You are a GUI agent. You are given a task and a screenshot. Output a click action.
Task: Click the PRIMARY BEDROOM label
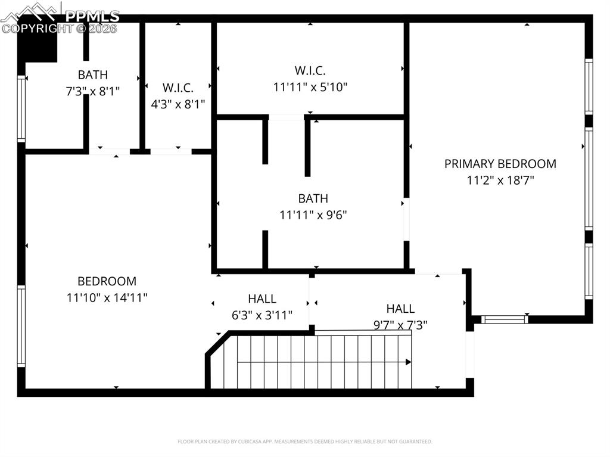pyautogui.click(x=500, y=164)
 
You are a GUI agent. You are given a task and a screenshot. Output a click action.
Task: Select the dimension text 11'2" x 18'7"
pyautogui.click(x=500, y=180)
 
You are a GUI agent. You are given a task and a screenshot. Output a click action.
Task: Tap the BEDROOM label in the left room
pyautogui.click(x=107, y=281)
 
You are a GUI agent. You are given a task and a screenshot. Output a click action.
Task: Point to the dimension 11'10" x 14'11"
pyautogui.click(x=107, y=297)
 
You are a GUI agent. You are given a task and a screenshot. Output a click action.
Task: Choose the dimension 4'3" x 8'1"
pyautogui.click(x=178, y=104)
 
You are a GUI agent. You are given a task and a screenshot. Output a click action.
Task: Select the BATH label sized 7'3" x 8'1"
pyautogui.click(x=93, y=75)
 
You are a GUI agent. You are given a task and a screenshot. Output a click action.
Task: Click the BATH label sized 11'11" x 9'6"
pyautogui.click(x=313, y=198)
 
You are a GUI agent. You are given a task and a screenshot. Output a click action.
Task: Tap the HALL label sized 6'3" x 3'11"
pyautogui.click(x=262, y=299)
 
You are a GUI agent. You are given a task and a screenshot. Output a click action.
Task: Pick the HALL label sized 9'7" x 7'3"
pyautogui.click(x=400, y=309)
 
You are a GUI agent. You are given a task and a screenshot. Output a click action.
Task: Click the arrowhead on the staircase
pyautogui.click(x=409, y=362)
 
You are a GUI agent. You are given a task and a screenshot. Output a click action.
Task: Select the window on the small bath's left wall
pyautogui.click(x=22, y=108)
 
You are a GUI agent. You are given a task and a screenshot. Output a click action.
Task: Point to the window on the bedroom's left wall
pyautogui.click(x=21, y=325)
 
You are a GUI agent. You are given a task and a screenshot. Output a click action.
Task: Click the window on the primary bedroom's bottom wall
pyautogui.click(x=505, y=319)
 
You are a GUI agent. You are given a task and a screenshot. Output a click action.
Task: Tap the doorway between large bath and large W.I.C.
pyautogui.click(x=287, y=117)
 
